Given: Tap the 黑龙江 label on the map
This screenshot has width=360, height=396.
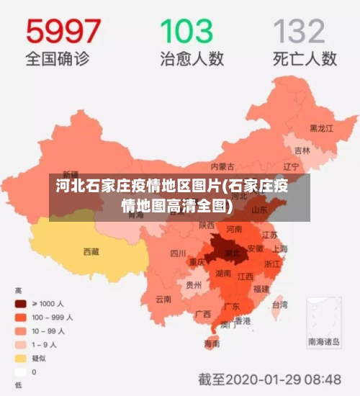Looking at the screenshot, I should pos(321,128).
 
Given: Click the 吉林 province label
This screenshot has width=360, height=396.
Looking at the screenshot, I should pos(302,151).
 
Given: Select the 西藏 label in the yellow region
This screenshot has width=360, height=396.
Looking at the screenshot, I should pos(91,252).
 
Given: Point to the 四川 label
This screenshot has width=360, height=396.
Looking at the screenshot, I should pos(178,253).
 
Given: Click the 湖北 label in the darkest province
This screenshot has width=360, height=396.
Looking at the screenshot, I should pos(232,253).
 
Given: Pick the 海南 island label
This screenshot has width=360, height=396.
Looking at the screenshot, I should pos(212,344).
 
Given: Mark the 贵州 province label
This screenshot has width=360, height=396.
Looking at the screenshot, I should pos(193,284).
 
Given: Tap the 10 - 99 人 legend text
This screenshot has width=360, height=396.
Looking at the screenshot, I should pos(50,330).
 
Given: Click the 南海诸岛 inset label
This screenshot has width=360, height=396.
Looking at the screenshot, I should pos(324,342).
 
